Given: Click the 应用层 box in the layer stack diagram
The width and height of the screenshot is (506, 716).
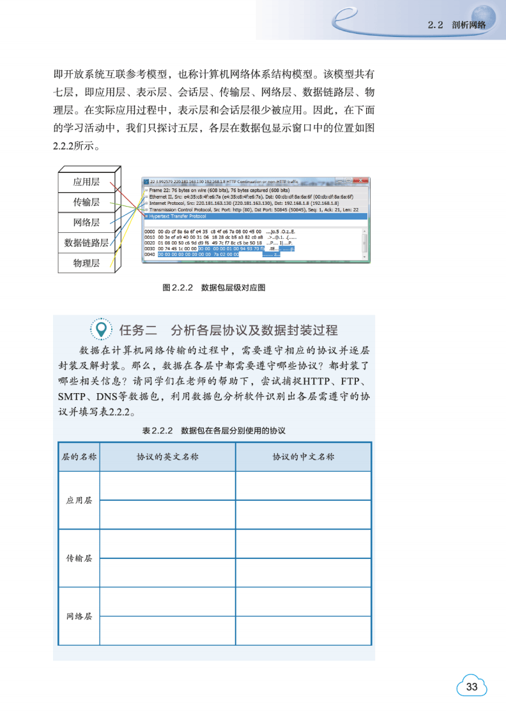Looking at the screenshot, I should [x=86, y=182].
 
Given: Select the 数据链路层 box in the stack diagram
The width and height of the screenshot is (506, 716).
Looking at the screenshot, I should [x=86, y=242].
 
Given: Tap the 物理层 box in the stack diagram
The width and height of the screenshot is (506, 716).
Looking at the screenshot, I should [x=86, y=263].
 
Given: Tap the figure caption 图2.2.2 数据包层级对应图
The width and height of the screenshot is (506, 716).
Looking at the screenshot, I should [x=213, y=288].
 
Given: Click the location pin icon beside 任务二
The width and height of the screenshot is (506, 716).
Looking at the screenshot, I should [x=100, y=329].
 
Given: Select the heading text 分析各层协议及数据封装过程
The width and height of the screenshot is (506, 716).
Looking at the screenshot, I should [x=254, y=330].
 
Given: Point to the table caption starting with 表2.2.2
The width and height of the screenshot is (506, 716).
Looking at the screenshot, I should [x=213, y=431].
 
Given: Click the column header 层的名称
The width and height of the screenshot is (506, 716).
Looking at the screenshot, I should [x=79, y=457].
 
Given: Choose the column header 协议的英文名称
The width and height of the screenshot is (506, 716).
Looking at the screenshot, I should [x=167, y=457].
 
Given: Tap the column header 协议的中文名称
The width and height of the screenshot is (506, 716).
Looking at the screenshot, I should [x=303, y=457].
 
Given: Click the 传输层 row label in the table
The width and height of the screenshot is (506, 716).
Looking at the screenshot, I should [x=79, y=558].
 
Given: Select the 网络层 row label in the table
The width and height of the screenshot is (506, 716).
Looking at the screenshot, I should [x=79, y=616].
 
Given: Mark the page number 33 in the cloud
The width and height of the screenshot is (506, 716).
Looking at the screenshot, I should [x=472, y=687].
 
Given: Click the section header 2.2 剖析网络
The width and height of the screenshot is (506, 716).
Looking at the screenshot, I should [x=456, y=25].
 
